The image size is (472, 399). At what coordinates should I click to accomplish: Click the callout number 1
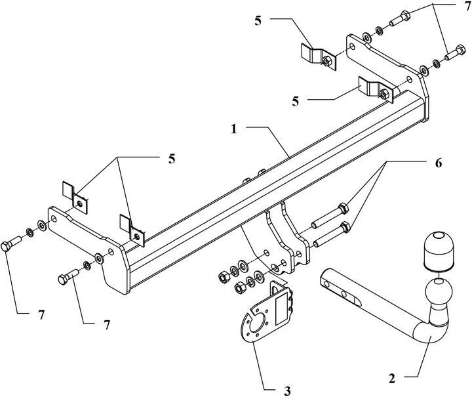[x=234, y=129]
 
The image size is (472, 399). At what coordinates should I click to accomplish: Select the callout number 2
[x=391, y=378]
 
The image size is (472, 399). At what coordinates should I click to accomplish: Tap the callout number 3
[x=288, y=391]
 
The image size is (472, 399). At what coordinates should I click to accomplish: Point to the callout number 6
[x=438, y=163]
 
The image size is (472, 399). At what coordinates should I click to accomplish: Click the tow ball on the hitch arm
[x=439, y=291]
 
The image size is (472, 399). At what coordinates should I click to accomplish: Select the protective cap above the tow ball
[x=439, y=250]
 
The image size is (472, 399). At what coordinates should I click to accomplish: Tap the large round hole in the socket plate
[x=258, y=324]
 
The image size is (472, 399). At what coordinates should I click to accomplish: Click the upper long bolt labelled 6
[x=330, y=216]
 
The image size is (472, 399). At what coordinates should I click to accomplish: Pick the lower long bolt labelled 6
[x=332, y=234]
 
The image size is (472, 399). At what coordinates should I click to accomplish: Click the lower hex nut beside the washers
[x=240, y=288]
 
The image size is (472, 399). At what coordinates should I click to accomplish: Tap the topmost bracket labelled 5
[x=319, y=57]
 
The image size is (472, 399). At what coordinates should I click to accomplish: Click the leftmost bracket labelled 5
[x=75, y=198]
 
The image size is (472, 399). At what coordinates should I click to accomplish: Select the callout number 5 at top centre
[x=258, y=22]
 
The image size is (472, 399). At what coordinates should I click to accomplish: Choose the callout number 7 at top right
[x=467, y=7]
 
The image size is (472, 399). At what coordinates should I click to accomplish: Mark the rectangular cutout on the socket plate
[x=283, y=310]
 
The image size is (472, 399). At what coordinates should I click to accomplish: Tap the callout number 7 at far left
[x=41, y=315]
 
